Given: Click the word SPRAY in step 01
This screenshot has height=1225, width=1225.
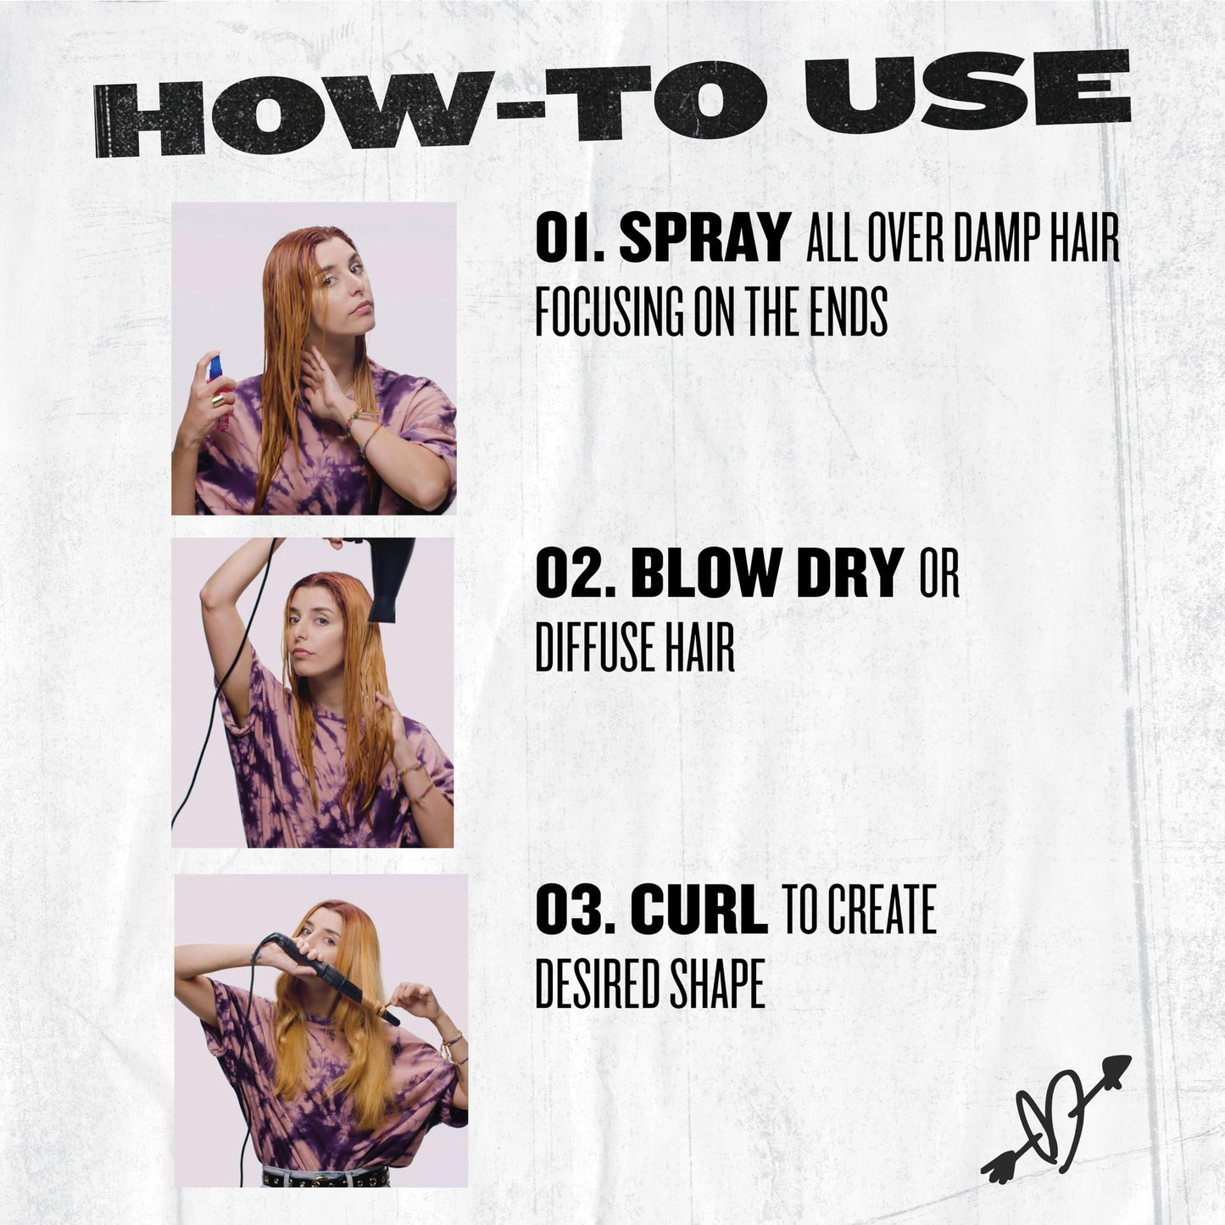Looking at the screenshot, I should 703,238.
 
